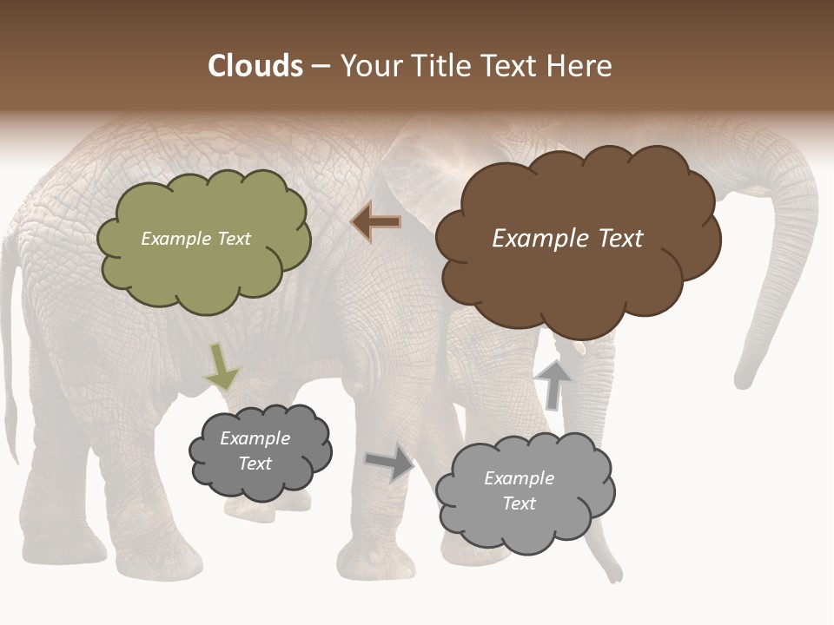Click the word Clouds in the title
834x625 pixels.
coord(255,66)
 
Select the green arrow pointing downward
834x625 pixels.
coord(222,367)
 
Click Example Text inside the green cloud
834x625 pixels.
coord(195,239)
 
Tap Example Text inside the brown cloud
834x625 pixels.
coord(567,239)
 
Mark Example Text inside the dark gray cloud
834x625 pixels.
coord(255,451)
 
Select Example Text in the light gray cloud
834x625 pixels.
coord(519,490)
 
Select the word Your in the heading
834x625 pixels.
coord(368,66)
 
